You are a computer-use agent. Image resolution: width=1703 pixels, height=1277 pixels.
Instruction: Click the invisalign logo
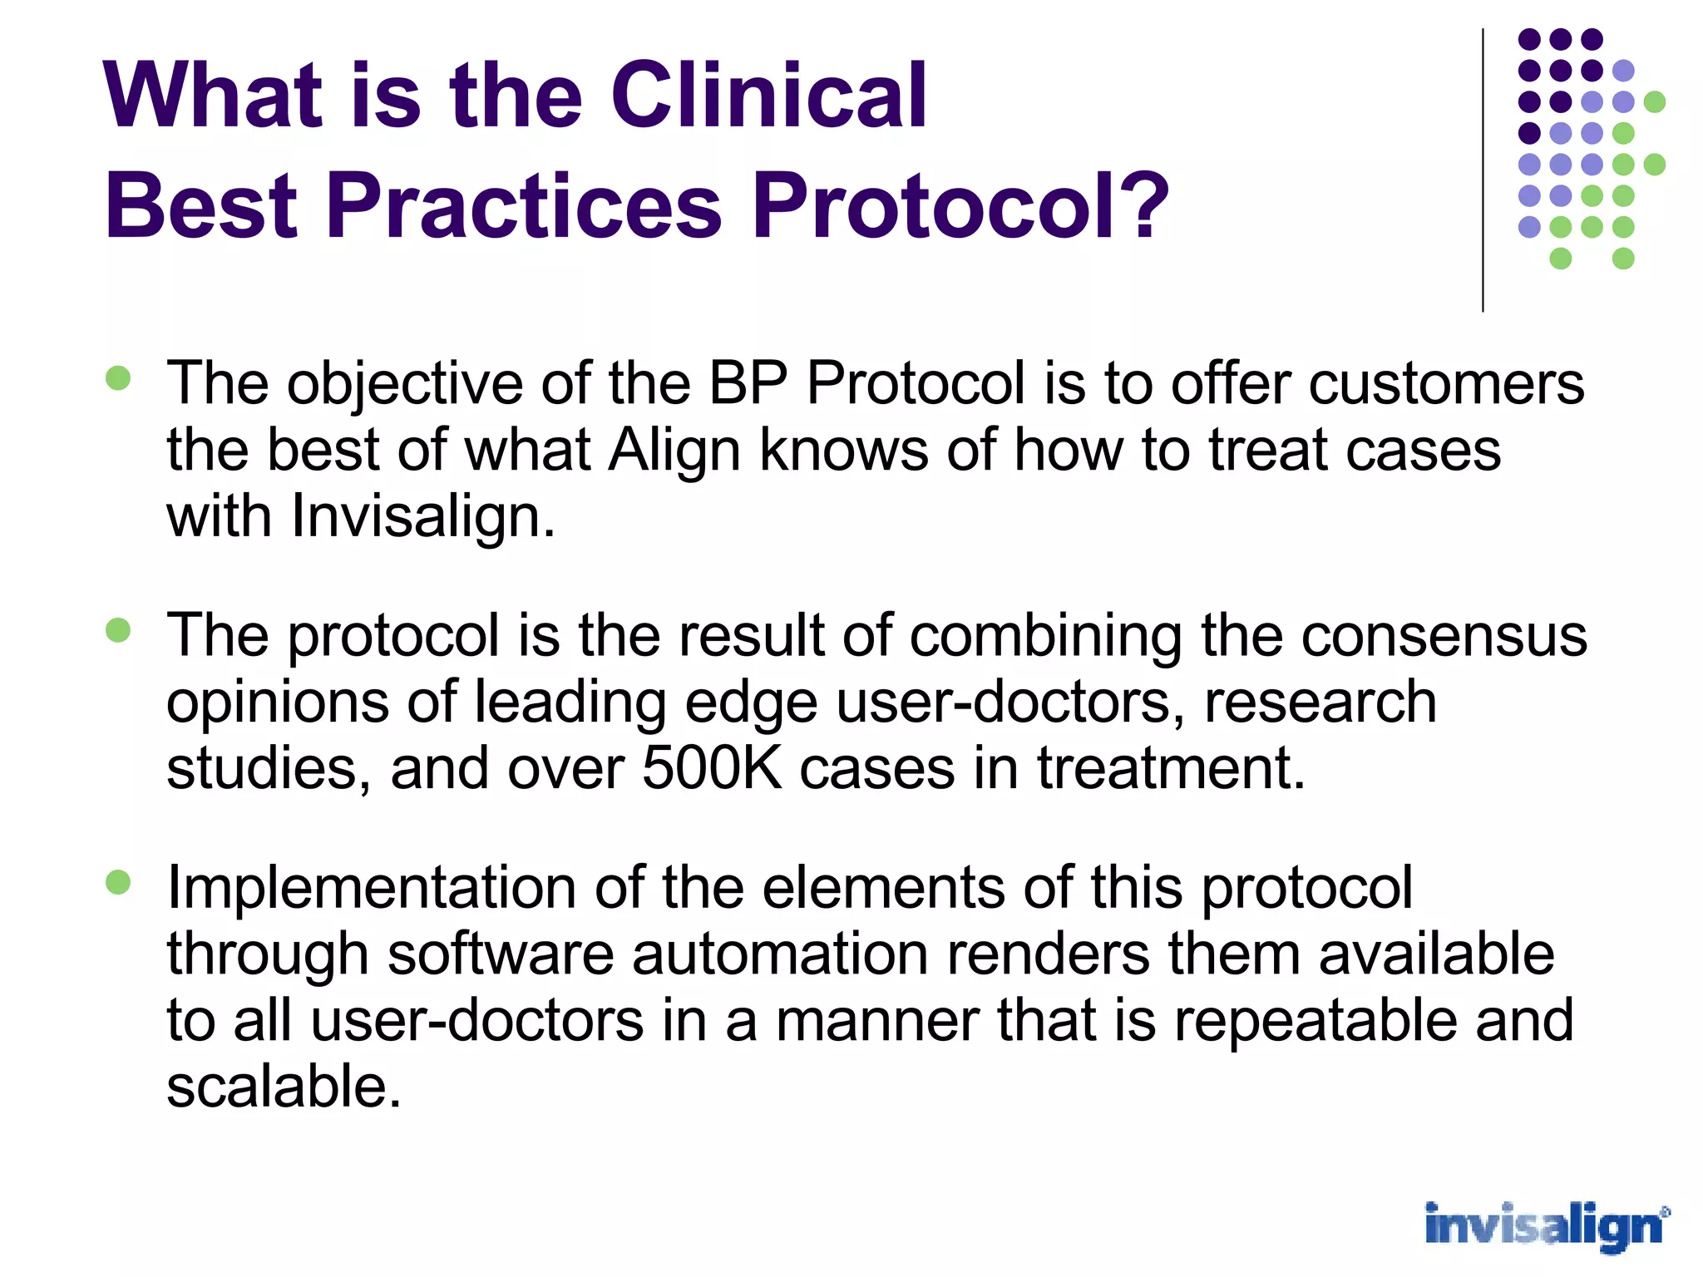1545,1226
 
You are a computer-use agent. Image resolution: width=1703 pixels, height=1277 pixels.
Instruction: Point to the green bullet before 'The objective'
119,379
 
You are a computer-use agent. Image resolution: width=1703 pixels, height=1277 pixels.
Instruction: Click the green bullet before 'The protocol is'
119,630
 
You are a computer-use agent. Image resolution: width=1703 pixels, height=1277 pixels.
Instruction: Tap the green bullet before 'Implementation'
119,882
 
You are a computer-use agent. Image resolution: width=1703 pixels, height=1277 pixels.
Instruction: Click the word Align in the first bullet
674,451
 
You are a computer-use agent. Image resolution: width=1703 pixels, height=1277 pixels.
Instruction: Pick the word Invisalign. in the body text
422,516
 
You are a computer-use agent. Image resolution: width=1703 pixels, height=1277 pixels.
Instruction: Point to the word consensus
1444,635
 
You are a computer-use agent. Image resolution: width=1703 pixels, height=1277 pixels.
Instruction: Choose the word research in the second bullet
1320,702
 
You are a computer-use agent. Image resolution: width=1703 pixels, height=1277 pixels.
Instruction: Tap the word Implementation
372,887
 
